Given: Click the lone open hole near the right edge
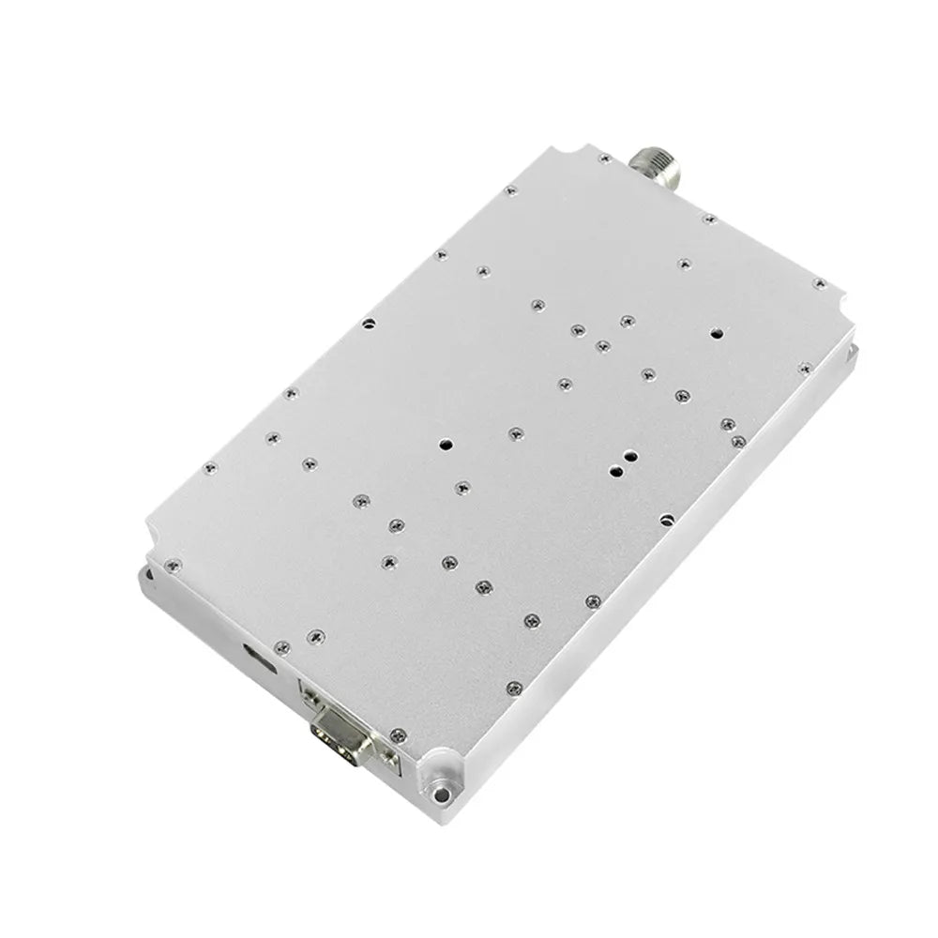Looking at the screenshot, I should [x=716, y=332].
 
